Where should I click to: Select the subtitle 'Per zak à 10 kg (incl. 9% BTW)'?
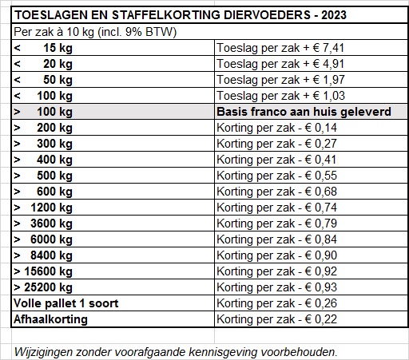(95, 32)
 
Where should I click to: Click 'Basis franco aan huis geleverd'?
(304, 112)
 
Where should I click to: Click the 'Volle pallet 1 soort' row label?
(67, 303)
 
